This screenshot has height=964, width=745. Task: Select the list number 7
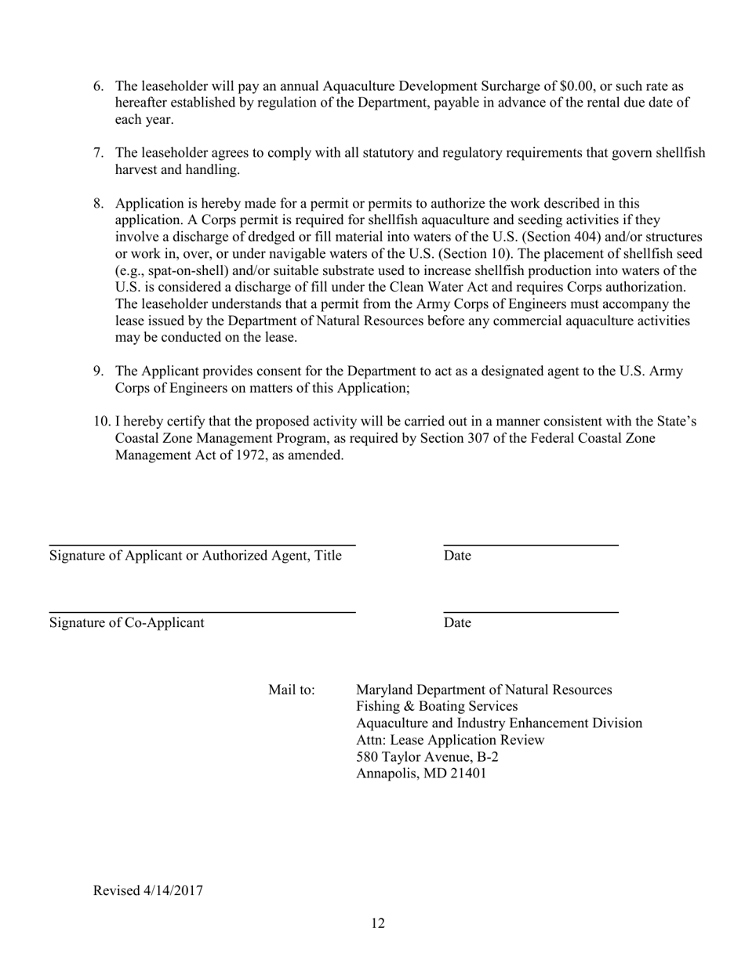coord(99,153)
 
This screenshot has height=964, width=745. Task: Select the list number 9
coord(99,371)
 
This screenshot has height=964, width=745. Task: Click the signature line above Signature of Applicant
coord(202,544)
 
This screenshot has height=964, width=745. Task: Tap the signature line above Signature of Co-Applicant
coord(202,611)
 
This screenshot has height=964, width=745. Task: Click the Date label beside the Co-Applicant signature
coord(457,623)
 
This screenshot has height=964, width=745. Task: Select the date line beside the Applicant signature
coord(531,544)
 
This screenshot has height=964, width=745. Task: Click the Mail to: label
coord(292,690)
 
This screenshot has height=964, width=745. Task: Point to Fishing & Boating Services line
coord(437,707)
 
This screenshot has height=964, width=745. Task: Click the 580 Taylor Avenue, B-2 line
coord(427,757)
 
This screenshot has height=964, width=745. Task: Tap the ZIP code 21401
coord(468,774)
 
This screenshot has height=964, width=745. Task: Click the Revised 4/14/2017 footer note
coord(148,890)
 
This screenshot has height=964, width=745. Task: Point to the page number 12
coord(378,924)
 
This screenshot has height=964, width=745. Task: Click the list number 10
coord(102,422)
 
